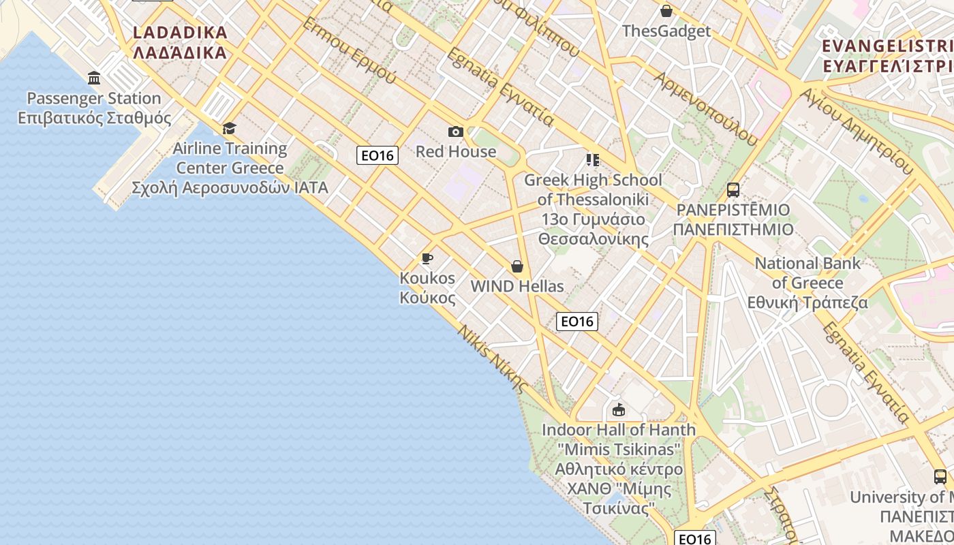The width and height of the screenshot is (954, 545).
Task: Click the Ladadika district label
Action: click(x=180, y=42)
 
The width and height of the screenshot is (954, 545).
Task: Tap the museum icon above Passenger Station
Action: click(x=94, y=78)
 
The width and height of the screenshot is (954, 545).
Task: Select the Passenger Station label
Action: click(x=94, y=108)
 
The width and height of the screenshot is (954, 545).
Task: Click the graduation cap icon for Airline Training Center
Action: click(x=230, y=128)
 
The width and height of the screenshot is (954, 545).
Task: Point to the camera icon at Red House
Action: click(x=456, y=131)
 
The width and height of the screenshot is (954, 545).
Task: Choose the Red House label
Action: click(x=456, y=151)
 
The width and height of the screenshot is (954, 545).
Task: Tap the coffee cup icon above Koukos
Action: click(x=427, y=258)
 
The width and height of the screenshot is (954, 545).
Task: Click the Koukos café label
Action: click(x=427, y=287)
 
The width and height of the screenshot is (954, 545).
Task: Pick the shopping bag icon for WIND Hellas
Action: click(x=517, y=266)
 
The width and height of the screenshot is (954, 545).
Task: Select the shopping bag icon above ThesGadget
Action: click(x=666, y=11)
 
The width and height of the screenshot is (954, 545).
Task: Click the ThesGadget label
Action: click(x=666, y=31)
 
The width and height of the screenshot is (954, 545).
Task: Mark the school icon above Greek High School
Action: click(x=593, y=160)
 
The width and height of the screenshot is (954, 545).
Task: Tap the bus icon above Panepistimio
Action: click(x=733, y=189)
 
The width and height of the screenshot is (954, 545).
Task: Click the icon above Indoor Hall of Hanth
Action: click(x=618, y=410)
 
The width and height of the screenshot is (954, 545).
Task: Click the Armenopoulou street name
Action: click(x=706, y=109)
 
